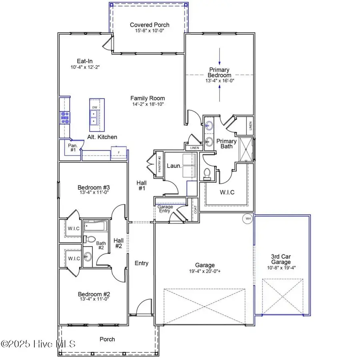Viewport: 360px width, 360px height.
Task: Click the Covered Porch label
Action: coord(148,25)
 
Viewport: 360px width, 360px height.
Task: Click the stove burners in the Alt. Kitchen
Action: coord(64,117)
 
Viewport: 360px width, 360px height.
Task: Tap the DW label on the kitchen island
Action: coord(95,108)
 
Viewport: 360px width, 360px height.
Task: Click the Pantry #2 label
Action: coord(159,164)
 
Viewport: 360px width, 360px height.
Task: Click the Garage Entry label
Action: coord(165,209)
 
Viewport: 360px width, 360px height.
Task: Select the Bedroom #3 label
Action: coord(94,187)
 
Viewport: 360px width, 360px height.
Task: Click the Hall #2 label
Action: coord(118,243)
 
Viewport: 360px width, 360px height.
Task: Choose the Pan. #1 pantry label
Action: coord(73,148)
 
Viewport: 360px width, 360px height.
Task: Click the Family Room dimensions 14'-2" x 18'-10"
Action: coord(148,104)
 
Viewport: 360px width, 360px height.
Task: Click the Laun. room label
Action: coord(173,165)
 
